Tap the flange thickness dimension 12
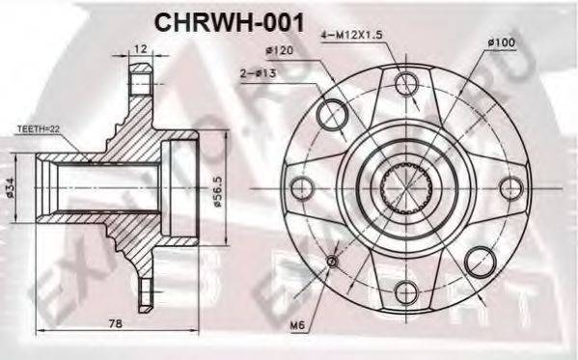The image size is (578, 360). (x=141, y=48)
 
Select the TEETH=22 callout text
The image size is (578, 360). (x=38, y=126)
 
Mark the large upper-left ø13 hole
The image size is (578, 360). (x=331, y=108)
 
